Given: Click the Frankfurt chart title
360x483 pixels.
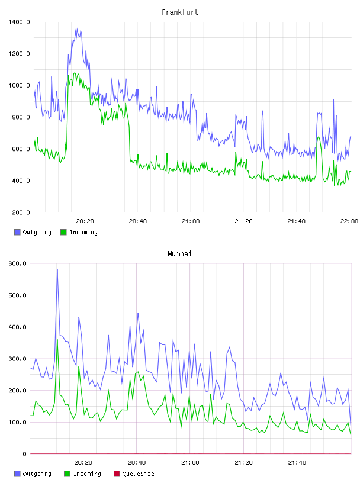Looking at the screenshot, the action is pyautogui.click(x=180, y=12).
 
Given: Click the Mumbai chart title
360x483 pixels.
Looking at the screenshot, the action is pyautogui.click(x=179, y=254).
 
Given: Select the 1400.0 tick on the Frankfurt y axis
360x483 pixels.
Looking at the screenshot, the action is pyautogui.click(x=19, y=22).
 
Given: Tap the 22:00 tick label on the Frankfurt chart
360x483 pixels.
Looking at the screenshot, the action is pyautogui.click(x=349, y=221).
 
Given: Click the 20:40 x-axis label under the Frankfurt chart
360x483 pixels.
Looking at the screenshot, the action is pyautogui.click(x=138, y=221).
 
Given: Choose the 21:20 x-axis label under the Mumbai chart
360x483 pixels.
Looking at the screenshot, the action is pyautogui.click(x=243, y=462).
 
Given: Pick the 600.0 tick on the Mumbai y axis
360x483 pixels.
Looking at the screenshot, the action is pyautogui.click(x=18, y=263).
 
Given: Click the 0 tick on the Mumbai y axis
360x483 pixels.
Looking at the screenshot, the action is pyautogui.click(x=25, y=454).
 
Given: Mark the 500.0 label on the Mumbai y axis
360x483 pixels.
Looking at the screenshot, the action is pyautogui.click(x=18, y=295).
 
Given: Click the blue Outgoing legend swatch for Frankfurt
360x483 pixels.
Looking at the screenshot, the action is pyautogui.click(x=17, y=232).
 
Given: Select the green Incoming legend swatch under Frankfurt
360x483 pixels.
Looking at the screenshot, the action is pyautogui.click(x=63, y=232).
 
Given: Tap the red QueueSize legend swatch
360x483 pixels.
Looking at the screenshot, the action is pyautogui.click(x=117, y=474).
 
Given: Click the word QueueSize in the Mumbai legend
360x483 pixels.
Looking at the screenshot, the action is pyautogui.click(x=138, y=474).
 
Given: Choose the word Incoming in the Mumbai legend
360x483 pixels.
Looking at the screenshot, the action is pyautogui.click(x=87, y=474).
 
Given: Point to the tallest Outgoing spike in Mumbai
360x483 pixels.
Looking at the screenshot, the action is pyautogui.click(x=57, y=269).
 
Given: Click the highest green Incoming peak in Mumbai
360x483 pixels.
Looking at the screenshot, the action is pyautogui.click(x=57, y=340).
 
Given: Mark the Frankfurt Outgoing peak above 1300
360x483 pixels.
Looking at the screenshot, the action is pyautogui.click(x=77, y=29).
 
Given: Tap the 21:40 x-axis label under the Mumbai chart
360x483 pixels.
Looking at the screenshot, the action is pyautogui.click(x=297, y=462).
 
